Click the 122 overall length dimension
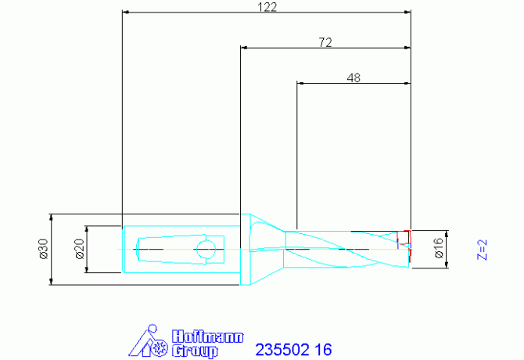pyautogui.click(x=267, y=7)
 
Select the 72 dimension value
pyautogui.click(x=325, y=42)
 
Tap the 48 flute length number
pyautogui.click(x=354, y=78)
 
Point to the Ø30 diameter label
pyautogui.click(x=44, y=249)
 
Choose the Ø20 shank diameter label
pyautogui.click(x=80, y=249)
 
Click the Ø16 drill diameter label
pyautogui.click(x=439, y=248)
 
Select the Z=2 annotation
pyautogui.click(x=483, y=250)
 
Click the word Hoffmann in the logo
pyautogui.click(x=207, y=337)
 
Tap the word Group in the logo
pyautogui.click(x=195, y=351)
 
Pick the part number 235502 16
pyautogui.click(x=293, y=350)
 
